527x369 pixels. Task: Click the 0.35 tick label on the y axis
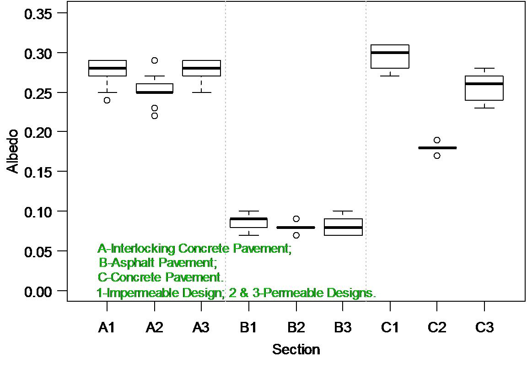click(38, 14)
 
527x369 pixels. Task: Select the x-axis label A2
click(154, 327)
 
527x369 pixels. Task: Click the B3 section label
click(343, 327)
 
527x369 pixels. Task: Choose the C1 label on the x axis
click(390, 327)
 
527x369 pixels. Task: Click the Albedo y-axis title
click(13, 152)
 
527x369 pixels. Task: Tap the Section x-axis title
click(296, 349)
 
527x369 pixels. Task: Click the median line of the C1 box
click(390, 53)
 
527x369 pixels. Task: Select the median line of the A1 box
click(107, 68)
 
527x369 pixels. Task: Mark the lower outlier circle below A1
click(107, 100)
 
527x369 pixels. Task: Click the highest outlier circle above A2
click(155, 60)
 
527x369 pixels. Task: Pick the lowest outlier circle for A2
click(155, 116)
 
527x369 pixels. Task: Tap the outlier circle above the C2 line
click(437, 140)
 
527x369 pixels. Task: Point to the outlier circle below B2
click(296, 235)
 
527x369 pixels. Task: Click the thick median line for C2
click(437, 148)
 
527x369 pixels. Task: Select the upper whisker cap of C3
click(484, 68)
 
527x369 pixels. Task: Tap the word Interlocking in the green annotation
click(143, 249)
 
